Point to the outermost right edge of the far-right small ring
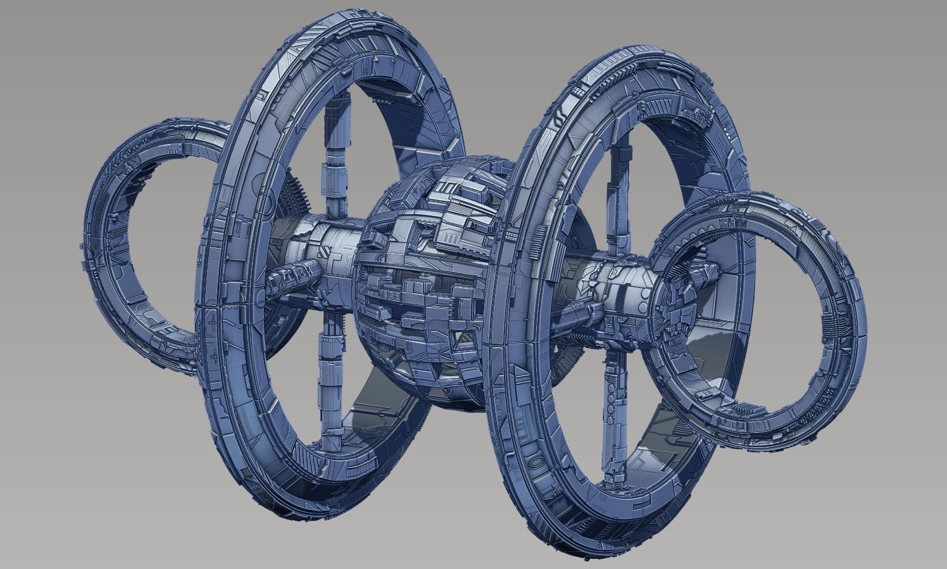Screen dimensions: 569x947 [865, 310]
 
